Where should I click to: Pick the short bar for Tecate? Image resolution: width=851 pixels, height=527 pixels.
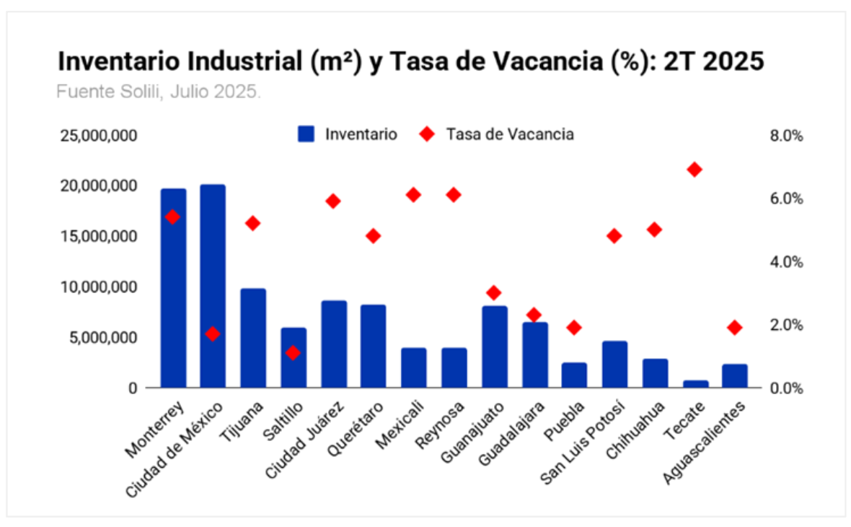point(696,383)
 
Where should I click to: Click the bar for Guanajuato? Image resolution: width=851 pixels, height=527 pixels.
point(495,347)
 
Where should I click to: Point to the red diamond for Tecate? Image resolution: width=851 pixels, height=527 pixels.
point(695,170)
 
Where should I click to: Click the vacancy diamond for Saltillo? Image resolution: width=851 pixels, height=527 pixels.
point(293,353)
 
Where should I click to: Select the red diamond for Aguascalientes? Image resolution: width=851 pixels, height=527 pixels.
point(735,328)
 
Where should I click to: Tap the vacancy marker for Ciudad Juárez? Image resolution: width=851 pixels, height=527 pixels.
point(333,201)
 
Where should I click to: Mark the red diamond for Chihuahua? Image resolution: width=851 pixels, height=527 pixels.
point(654,230)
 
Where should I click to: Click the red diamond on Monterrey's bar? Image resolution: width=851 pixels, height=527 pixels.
point(172,217)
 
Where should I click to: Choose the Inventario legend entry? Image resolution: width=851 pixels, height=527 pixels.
point(348,134)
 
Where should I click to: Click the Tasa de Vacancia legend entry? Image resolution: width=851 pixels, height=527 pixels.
point(498,134)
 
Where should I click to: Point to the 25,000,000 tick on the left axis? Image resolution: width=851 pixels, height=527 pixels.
point(99,136)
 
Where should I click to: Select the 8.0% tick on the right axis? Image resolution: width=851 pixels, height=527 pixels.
point(787,136)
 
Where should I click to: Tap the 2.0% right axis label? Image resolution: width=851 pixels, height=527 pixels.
point(787,325)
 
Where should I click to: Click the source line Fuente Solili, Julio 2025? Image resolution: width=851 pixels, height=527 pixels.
point(159,92)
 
